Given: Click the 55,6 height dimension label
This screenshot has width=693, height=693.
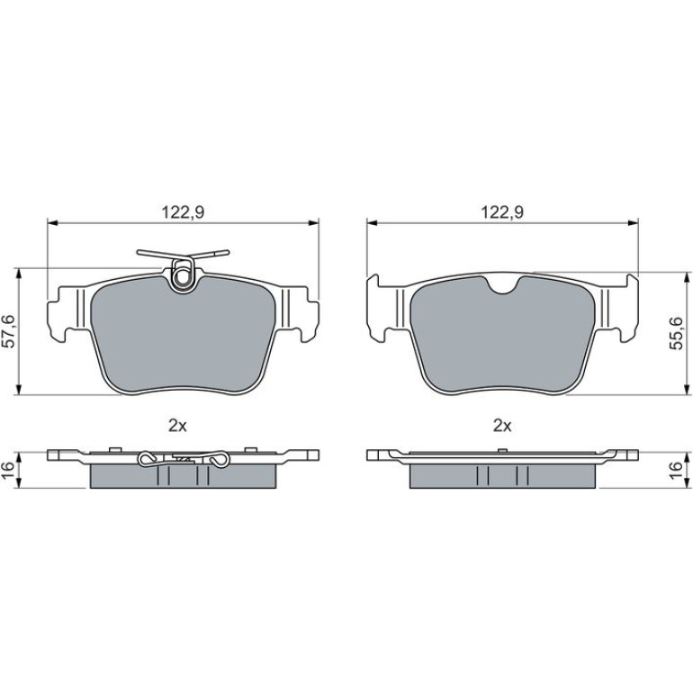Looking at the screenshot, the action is pyautogui.click(x=676, y=333).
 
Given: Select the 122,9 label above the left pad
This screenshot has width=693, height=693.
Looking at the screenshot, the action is pyautogui.click(x=183, y=212).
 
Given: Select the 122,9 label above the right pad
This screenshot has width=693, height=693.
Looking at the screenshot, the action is pyautogui.click(x=502, y=212).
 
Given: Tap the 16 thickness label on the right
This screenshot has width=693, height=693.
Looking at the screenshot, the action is pyautogui.click(x=676, y=470).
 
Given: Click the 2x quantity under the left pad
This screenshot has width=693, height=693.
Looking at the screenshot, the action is pyautogui.click(x=177, y=426).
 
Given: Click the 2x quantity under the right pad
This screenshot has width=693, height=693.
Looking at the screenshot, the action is pyautogui.click(x=502, y=426).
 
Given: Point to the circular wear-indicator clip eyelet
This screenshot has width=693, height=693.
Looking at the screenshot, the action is pyautogui.click(x=182, y=278).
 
